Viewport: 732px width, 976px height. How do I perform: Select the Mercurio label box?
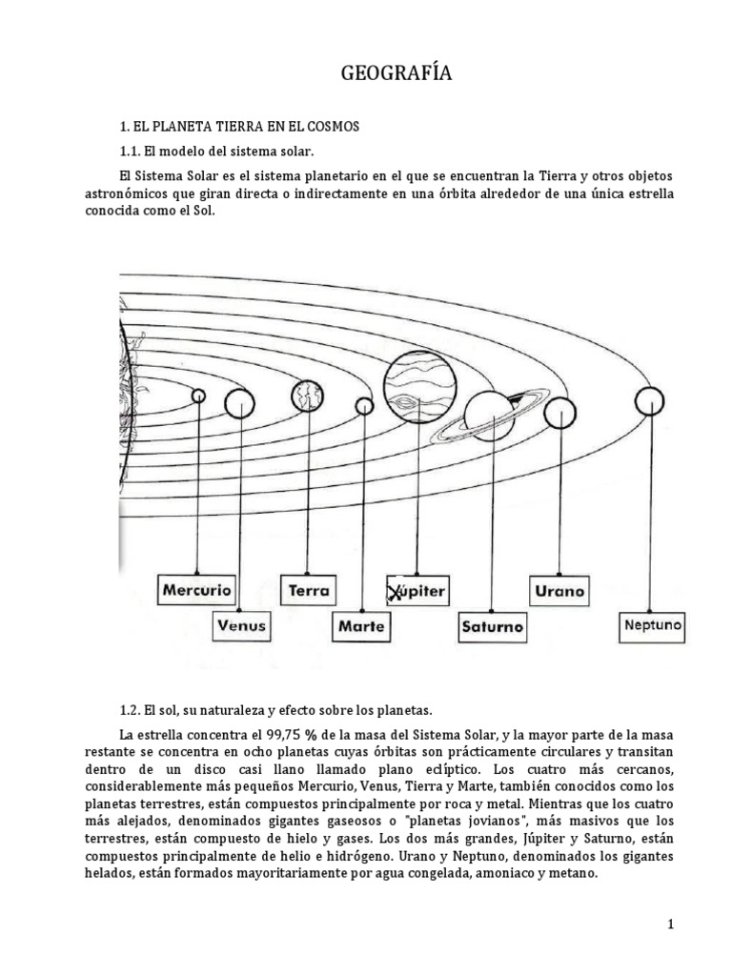[196, 589]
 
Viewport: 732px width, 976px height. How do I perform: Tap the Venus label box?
[241, 626]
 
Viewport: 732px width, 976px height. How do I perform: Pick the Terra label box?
[309, 589]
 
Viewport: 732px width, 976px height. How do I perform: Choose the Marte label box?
[361, 626]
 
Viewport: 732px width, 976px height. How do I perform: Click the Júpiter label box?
[417, 591]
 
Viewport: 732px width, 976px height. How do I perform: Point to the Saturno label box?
[492, 626]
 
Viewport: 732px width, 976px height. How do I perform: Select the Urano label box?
[560, 590]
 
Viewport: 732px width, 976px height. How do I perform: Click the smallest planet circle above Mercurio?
[198, 395]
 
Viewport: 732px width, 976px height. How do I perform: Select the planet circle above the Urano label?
[561, 412]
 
